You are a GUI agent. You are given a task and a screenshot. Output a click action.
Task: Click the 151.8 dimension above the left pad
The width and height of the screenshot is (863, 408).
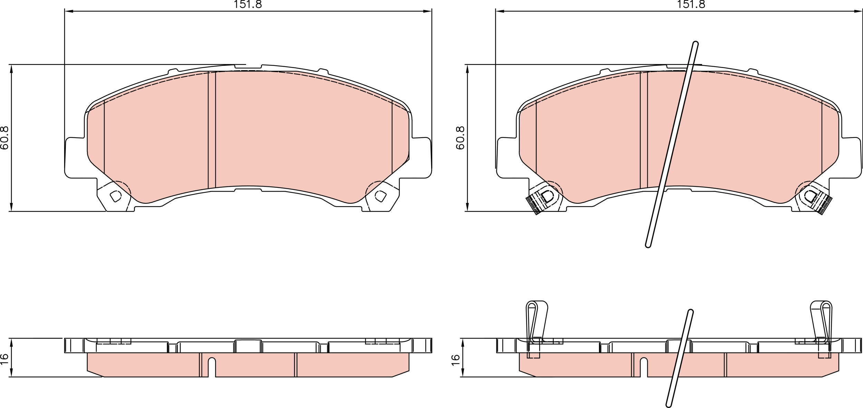248,4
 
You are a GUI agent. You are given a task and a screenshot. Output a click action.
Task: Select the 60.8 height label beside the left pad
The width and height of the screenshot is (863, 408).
4,138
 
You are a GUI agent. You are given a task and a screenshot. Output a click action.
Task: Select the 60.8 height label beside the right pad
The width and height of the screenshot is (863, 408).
460,138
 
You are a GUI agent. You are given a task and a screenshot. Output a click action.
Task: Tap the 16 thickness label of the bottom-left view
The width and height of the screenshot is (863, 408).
4,359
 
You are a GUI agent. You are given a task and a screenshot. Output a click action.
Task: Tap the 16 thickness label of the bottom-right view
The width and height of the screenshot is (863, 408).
456,359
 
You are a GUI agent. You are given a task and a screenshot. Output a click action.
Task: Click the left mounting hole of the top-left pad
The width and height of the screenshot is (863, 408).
116,196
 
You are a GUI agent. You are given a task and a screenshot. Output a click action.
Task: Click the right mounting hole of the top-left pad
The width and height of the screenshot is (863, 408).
380,196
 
